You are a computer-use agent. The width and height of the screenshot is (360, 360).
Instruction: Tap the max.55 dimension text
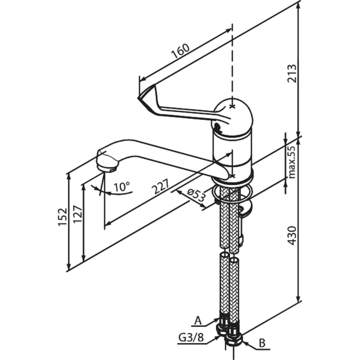pos(292,161)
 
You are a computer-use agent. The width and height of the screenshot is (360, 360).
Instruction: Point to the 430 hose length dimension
pos(291,236)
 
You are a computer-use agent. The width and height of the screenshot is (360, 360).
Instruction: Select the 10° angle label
pos(121,187)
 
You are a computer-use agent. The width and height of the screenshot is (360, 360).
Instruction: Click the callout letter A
pos(198,321)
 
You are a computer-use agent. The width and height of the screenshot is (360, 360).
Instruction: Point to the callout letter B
pos(262,344)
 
